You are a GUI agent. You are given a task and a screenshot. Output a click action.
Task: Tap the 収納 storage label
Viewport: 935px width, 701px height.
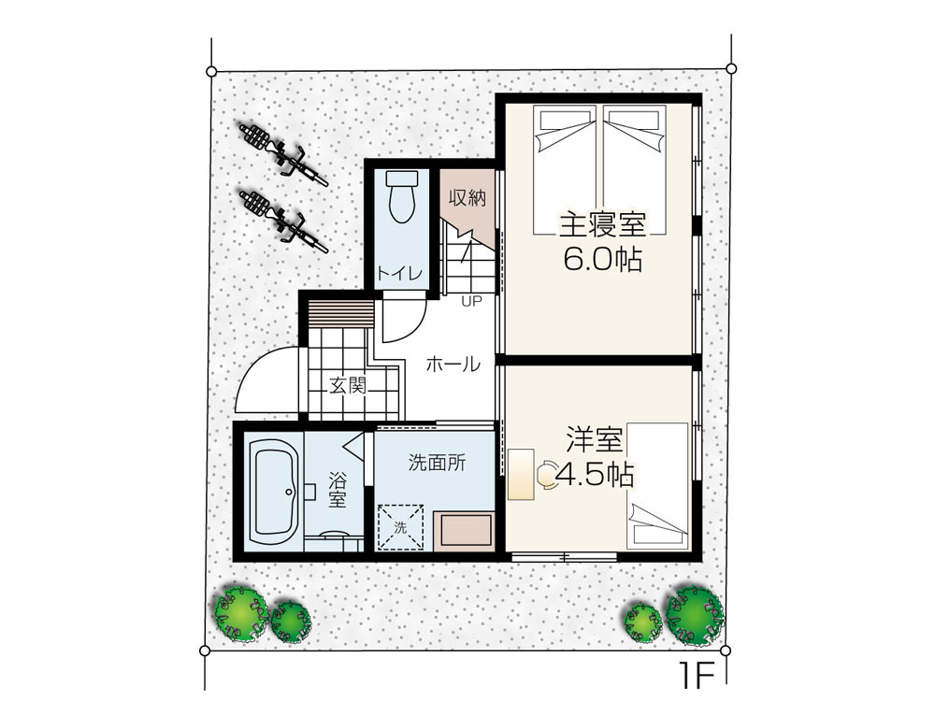(x=467, y=197)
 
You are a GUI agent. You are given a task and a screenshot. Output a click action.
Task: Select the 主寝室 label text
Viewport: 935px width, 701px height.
(x=602, y=226)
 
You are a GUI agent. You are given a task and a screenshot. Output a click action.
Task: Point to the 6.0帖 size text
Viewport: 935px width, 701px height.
(x=602, y=259)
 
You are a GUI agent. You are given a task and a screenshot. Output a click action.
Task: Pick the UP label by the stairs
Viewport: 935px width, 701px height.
(x=470, y=302)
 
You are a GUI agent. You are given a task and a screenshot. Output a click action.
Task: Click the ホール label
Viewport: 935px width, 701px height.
(x=453, y=363)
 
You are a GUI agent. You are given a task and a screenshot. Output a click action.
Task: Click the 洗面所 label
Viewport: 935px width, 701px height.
(x=437, y=463)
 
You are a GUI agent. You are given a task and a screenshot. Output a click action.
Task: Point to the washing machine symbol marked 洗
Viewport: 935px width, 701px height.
(x=401, y=527)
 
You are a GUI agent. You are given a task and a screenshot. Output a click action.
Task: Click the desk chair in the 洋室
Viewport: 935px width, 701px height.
(x=546, y=475)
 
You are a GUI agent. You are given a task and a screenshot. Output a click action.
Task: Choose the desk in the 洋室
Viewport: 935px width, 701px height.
(x=521, y=474)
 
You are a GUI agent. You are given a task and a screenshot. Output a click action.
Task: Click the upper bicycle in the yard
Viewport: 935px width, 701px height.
(x=283, y=154)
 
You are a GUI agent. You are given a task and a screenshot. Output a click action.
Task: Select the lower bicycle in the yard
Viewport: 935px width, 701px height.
(x=283, y=220)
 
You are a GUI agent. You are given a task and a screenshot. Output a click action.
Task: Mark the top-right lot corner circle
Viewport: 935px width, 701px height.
(x=732, y=68)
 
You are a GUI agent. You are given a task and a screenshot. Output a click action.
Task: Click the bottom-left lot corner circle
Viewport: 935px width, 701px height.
(x=205, y=650)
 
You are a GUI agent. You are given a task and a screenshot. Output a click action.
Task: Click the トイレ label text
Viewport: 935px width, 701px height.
(x=399, y=274)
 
